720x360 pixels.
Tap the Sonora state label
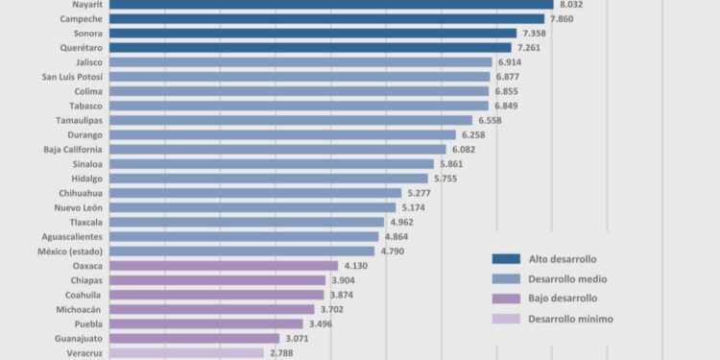click(x=88, y=34)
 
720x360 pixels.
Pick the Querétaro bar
click(x=310, y=48)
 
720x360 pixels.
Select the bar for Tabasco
click(x=299, y=106)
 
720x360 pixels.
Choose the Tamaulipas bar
click(x=291, y=120)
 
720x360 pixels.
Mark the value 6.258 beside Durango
click(x=474, y=135)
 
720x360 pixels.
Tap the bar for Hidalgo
click(x=269, y=179)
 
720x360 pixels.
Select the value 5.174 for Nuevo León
click(x=415, y=207)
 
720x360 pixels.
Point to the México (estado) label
click(x=73, y=251)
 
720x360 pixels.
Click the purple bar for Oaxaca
click(x=224, y=265)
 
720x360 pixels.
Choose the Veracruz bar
click(x=186, y=352)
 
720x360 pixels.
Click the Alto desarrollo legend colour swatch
click(x=505, y=258)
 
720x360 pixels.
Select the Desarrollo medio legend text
click(x=566, y=278)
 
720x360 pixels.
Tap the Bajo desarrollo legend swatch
click(x=505, y=299)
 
